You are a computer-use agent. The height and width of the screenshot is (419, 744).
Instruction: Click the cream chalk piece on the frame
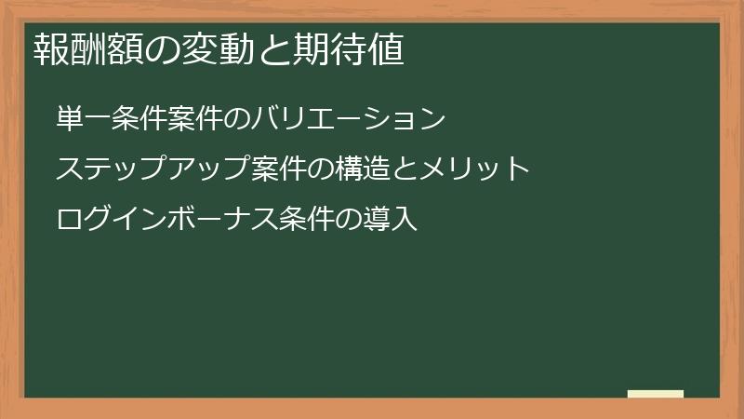click(656, 394)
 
